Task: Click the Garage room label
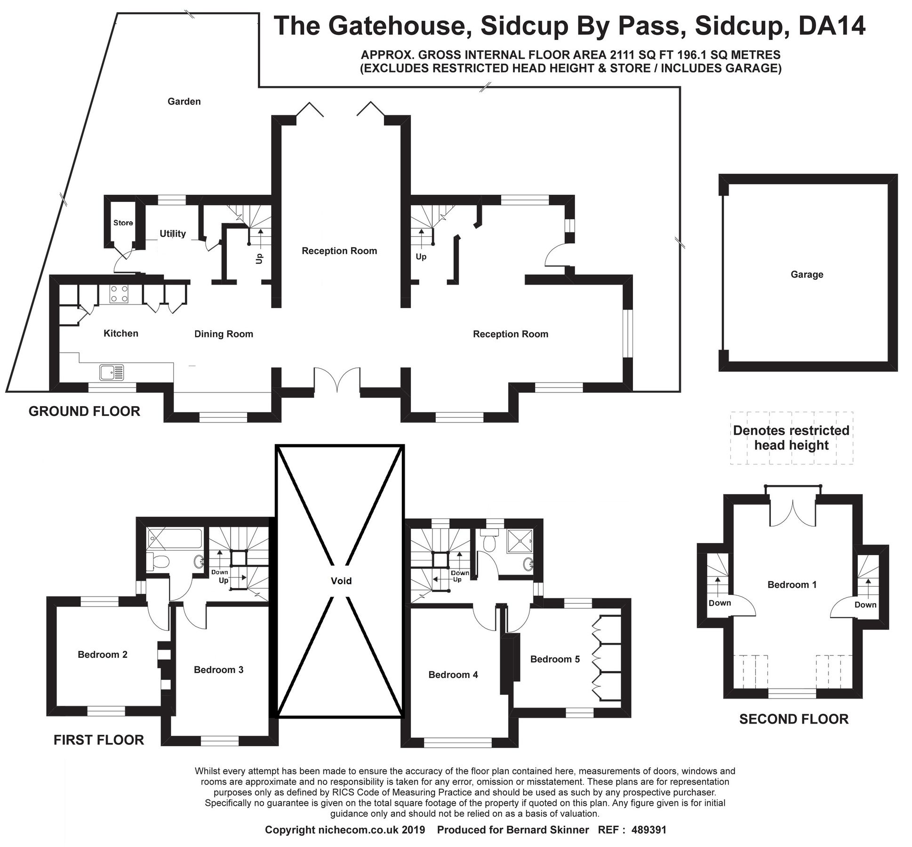(x=807, y=274)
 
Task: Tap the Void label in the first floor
(x=341, y=581)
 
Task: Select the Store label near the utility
(x=123, y=223)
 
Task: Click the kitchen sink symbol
(x=112, y=372)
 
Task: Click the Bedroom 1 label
(x=792, y=584)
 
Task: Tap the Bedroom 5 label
(x=554, y=659)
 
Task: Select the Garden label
(x=184, y=101)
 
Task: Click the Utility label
(x=172, y=233)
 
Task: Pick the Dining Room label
(x=224, y=334)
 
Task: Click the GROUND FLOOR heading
(x=84, y=411)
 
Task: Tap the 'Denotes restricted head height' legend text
(x=791, y=438)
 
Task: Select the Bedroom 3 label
(x=218, y=670)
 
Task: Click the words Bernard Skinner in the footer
(x=547, y=830)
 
